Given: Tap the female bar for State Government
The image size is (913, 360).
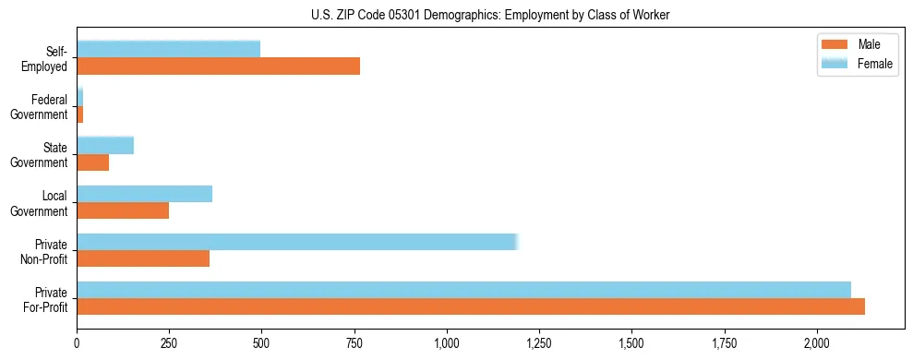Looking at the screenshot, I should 105,145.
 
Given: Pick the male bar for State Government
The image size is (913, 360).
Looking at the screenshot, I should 92,162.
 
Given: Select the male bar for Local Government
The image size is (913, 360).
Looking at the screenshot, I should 123,210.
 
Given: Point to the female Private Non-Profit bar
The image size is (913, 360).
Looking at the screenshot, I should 297,242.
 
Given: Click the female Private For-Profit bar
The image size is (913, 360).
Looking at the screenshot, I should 463,290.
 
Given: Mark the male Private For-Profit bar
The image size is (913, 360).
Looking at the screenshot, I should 471,306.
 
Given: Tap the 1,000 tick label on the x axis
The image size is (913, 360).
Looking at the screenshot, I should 447,343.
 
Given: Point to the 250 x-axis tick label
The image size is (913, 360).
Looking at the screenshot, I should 169,343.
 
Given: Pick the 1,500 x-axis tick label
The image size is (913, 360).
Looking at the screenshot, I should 631,343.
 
